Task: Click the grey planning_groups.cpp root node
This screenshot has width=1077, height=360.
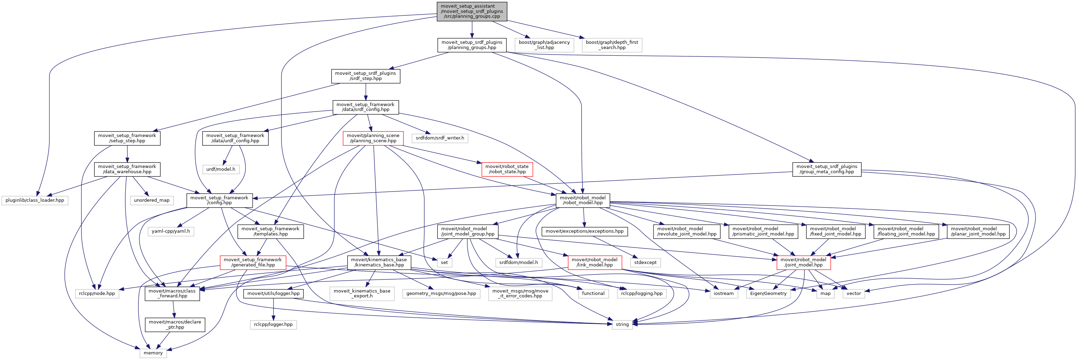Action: [472, 11]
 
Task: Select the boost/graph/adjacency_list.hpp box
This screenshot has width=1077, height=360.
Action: [544, 45]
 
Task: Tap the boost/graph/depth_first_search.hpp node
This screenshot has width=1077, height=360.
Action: [612, 45]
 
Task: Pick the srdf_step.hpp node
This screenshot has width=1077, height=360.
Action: [365, 76]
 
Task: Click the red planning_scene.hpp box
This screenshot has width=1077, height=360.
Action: [373, 138]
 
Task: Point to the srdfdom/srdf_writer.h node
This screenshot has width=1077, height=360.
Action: [439, 138]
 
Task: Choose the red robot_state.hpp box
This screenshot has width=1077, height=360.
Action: [507, 169]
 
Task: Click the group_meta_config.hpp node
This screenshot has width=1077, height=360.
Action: [826, 169]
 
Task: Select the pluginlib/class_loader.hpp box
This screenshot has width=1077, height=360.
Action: [35, 200]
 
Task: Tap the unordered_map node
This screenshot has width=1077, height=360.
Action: [151, 200]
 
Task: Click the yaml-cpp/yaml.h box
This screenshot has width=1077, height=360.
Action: [171, 231]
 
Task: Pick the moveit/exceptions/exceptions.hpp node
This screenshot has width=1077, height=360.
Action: [584, 231]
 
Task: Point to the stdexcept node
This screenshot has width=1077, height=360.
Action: [645, 263]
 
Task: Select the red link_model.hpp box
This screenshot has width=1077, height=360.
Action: [594, 262]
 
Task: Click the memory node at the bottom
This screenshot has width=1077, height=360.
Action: [153, 353]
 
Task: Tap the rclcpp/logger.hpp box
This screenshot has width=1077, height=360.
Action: [273, 325]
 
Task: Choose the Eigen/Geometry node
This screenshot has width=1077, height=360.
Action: [768, 294]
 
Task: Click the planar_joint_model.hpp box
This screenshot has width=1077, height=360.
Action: [978, 231]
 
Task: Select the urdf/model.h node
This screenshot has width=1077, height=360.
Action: [220, 169]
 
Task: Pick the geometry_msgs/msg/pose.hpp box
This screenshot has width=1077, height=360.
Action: [441, 294]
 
